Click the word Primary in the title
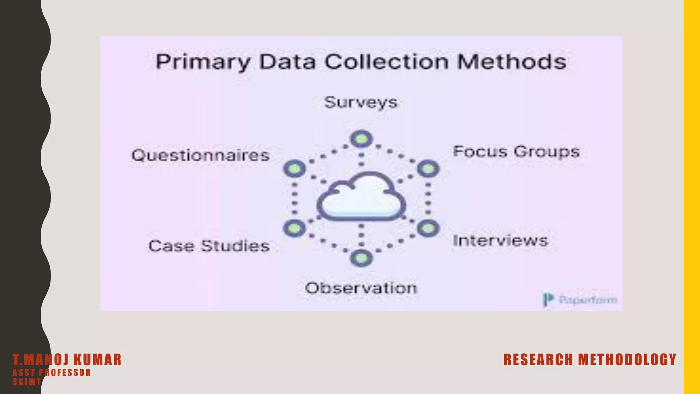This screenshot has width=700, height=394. pyautogui.click(x=203, y=63)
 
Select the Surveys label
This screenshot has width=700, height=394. pyautogui.click(x=361, y=102)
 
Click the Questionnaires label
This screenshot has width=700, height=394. pyautogui.click(x=201, y=156)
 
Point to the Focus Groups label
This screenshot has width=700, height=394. pyautogui.click(x=516, y=152)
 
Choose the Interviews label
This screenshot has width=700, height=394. pyautogui.click(x=500, y=241)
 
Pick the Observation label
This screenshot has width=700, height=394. pyautogui.click(x=361, y=288)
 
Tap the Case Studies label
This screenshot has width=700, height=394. pyautogui.click(x=209, y=246)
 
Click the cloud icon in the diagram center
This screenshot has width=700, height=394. pyautogui.click(x=361, y=197)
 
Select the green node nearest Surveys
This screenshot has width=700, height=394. pyautogui.click(x=361, y=139)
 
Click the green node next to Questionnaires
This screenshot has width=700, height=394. pyautogui.click(x=295, y=169)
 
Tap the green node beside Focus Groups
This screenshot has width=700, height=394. pyautogui.click(x=428, y=169)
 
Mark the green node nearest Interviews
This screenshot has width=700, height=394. pyautogui.click(x=428, y=228)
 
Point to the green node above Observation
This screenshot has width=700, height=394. pyautogui.click(x=361, y=258)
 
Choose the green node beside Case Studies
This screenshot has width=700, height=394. pyautogui.click(x=295, y=228)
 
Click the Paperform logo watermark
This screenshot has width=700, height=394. pyautogui.click(x=580, y=300)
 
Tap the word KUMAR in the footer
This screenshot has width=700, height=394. pyautogui.click(x=98, y=360)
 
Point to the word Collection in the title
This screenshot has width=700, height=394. pyautogui.click(x=386, y=62)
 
